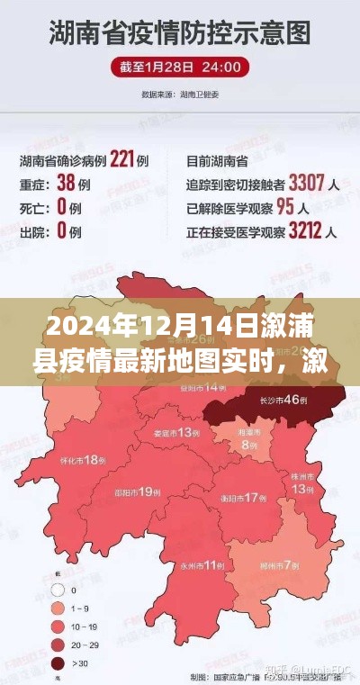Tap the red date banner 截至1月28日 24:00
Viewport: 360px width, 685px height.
[180, 68]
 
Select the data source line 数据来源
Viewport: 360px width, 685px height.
[180, 92]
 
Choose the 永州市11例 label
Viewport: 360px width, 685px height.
[199, 565]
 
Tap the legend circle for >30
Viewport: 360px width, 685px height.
[58, 663]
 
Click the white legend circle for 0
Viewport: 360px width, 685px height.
[58, 590]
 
